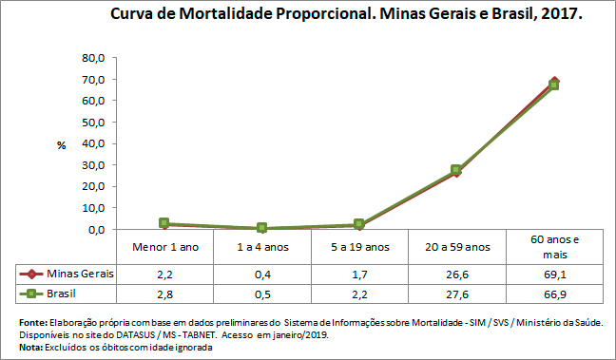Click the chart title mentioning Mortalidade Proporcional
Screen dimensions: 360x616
tap(346, 16)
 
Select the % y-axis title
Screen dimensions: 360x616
tap(61, 145)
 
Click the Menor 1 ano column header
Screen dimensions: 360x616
tap(164, 247)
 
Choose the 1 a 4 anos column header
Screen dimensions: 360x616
tap(262, 247)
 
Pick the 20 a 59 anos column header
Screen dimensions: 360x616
tap(456, 247)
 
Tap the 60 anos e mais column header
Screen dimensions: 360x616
tap(554, 247)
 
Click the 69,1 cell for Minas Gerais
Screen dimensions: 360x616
tap(554, 274)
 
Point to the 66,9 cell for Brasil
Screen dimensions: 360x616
tap(554, 294)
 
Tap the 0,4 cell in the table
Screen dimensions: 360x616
tap(262, 274)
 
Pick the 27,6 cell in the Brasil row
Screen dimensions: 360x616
tap(456, 294)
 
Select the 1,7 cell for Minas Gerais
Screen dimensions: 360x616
tap(359, 274)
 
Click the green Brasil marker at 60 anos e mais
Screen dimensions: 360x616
tap(554, 85)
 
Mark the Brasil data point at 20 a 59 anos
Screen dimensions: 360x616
tap(456, 170)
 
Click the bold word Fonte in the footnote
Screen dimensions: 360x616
tap(31, 323)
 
